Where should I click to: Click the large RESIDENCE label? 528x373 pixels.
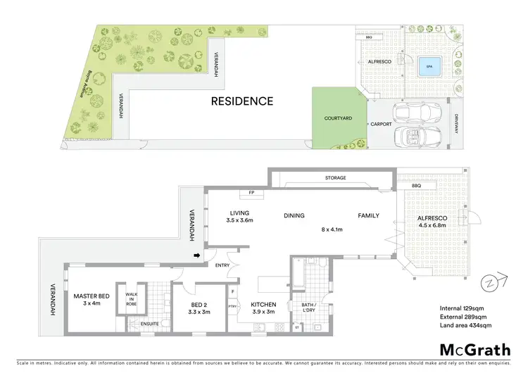(242, 101)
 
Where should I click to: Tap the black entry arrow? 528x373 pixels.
(197, 255)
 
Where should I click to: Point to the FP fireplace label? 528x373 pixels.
(251, 192)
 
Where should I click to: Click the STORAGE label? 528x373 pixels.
(335, 178)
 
